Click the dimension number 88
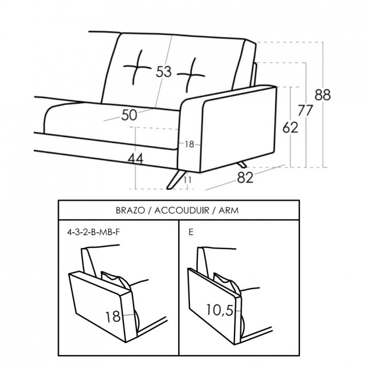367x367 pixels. coord(322,95)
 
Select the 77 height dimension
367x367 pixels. coord(305,110)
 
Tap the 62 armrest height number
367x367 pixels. coord(290,127)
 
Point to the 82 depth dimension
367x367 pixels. coord(245,177)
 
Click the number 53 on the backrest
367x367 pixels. coord(163,72)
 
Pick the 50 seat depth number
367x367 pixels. coord(129,115)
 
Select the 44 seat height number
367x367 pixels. coord(135,159)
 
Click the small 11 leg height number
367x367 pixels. coord(188,179)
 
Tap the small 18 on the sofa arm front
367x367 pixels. coord(189,144)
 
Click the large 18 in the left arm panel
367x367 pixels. coord(113,317)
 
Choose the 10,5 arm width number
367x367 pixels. coord(220,310)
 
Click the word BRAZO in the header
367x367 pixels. coord(130,210)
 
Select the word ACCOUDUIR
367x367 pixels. coord(182,210)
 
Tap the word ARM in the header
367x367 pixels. coord(229,210)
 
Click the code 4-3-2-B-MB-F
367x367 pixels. coord(93,232)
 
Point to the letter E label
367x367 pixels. coord(191,232)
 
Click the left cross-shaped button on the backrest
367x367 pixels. coord(137,68)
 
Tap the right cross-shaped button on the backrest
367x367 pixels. coord(191,75)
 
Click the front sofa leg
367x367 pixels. coord(176,179)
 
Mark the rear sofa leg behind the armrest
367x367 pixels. coord(241,165)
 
